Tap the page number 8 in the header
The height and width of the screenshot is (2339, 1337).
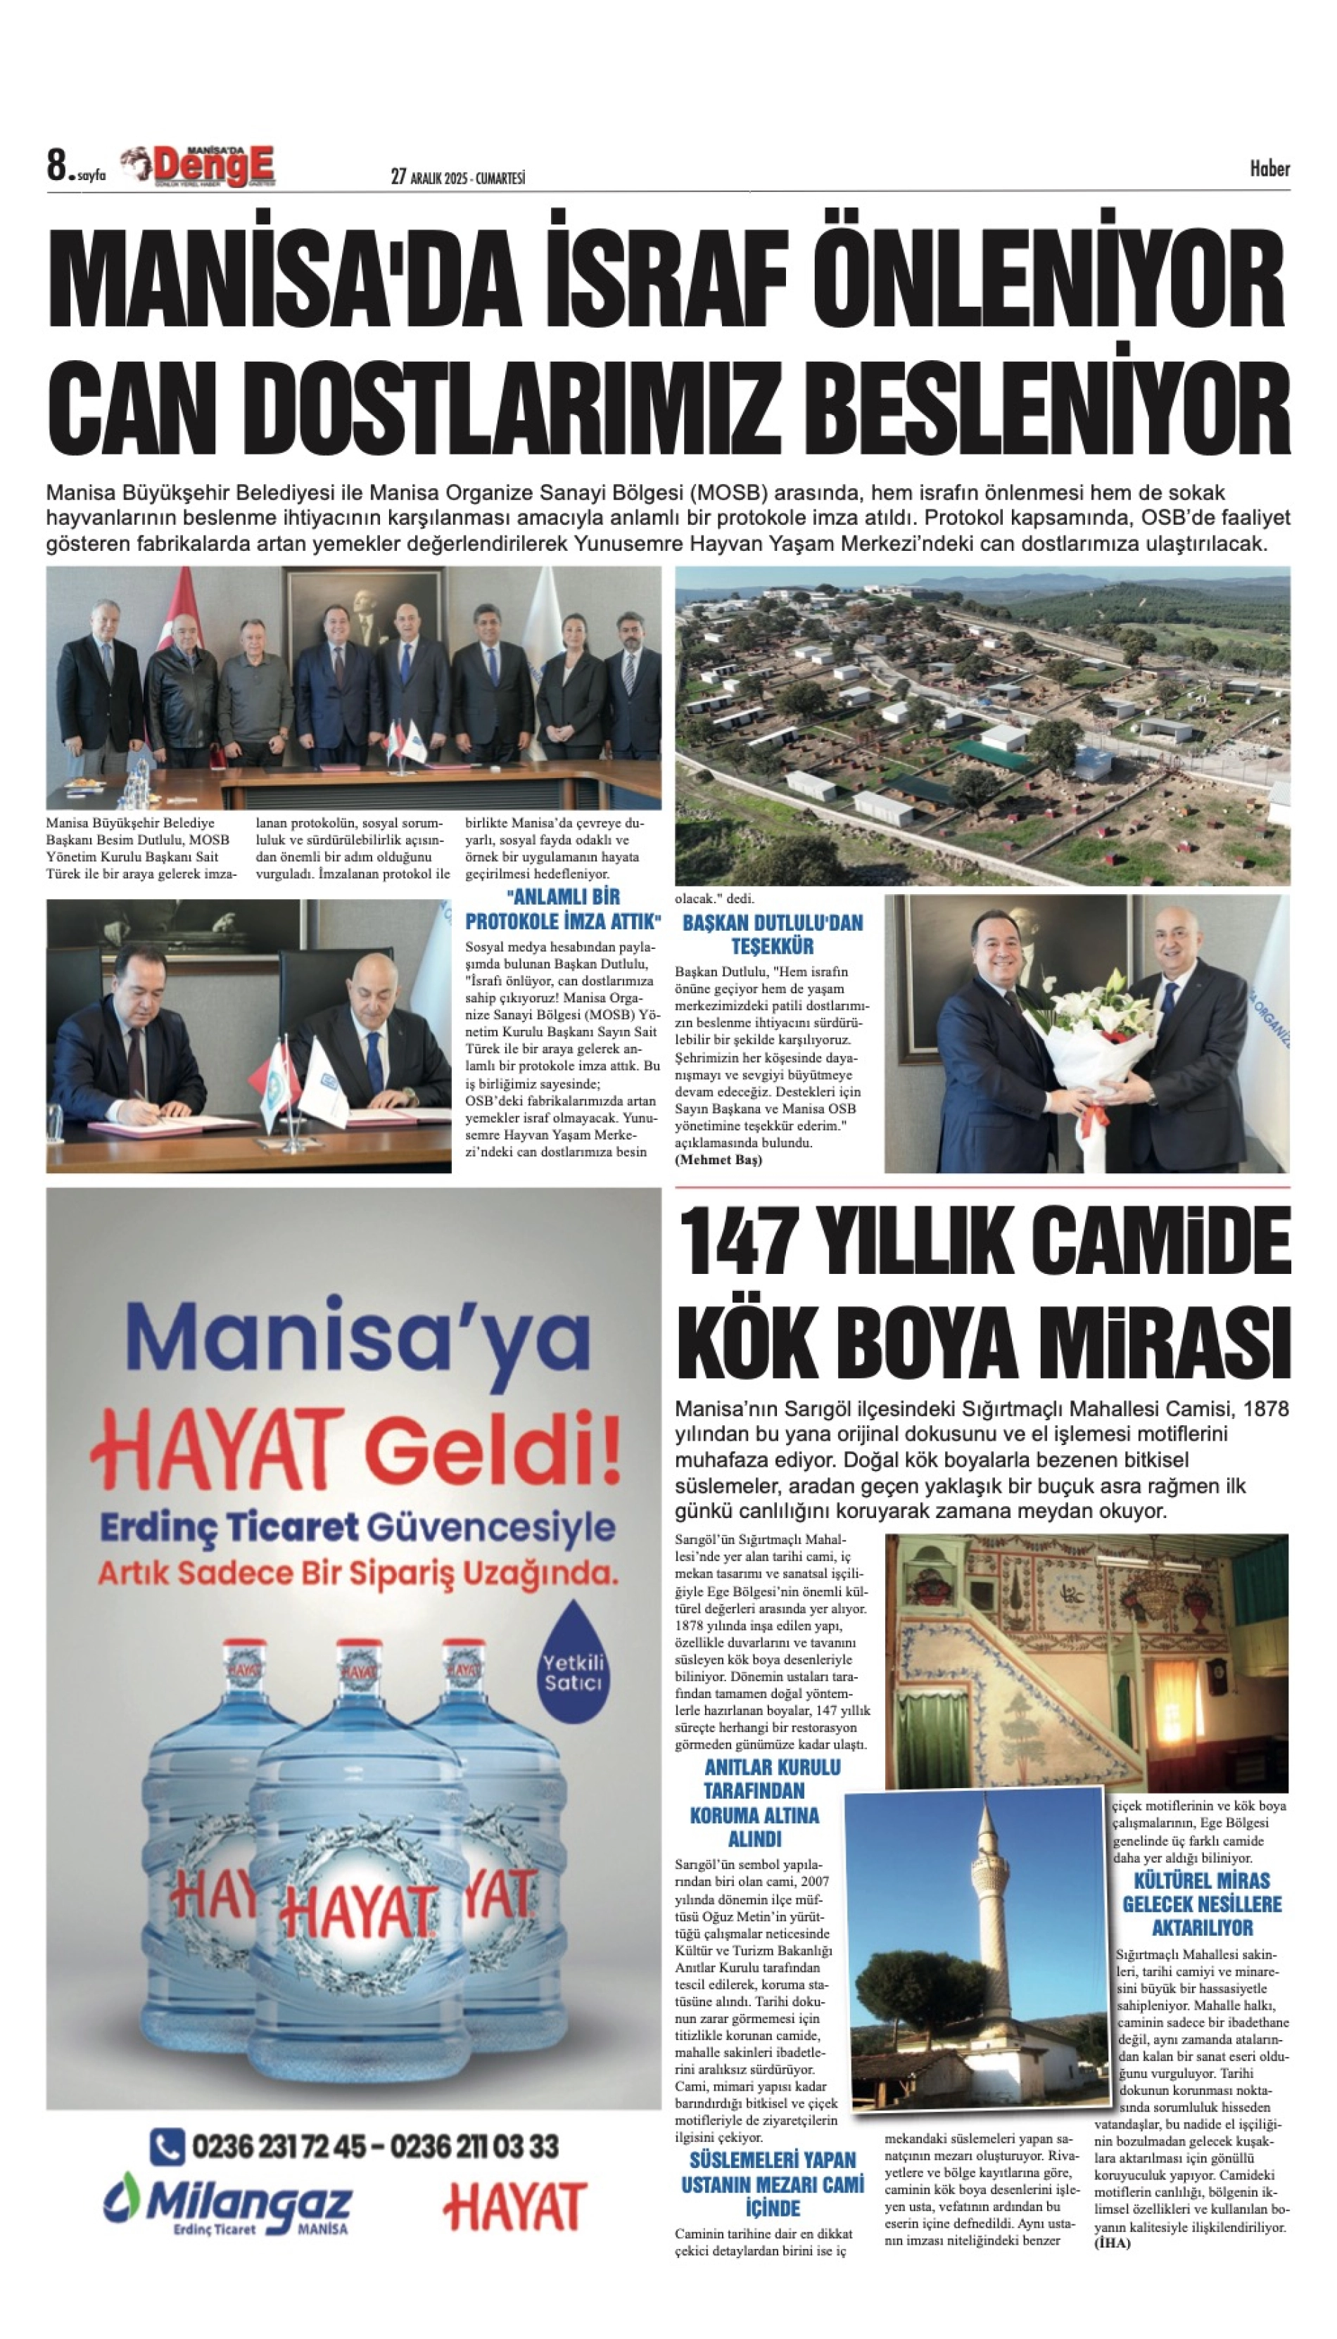(x=57, y=166)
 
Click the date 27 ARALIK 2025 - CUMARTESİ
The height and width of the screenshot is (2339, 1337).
(x=457, y=177)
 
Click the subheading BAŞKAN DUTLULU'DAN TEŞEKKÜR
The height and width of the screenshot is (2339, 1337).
(x=772, y=933)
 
